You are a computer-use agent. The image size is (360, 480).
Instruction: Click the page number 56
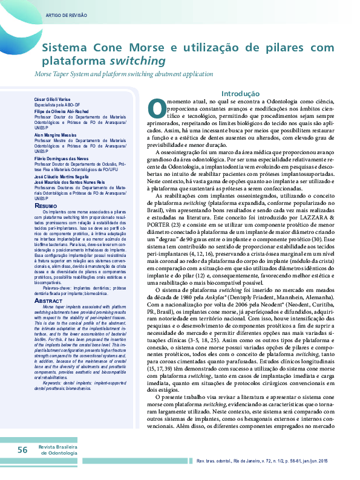pyautogui.click(x=22, y=450)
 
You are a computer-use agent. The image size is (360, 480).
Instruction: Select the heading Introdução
pyautogui.click(x=241, y=94)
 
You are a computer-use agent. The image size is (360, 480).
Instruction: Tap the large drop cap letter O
pyautogui.click(x=156, y=108)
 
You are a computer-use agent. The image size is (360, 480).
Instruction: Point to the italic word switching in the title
pyautogui.click(x=137, y=61)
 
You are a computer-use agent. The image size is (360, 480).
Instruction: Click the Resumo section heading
pyautogui.click(x=46, y=206)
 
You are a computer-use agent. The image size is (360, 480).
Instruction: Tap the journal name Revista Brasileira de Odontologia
pyautogui.click(x=57, y=450)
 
